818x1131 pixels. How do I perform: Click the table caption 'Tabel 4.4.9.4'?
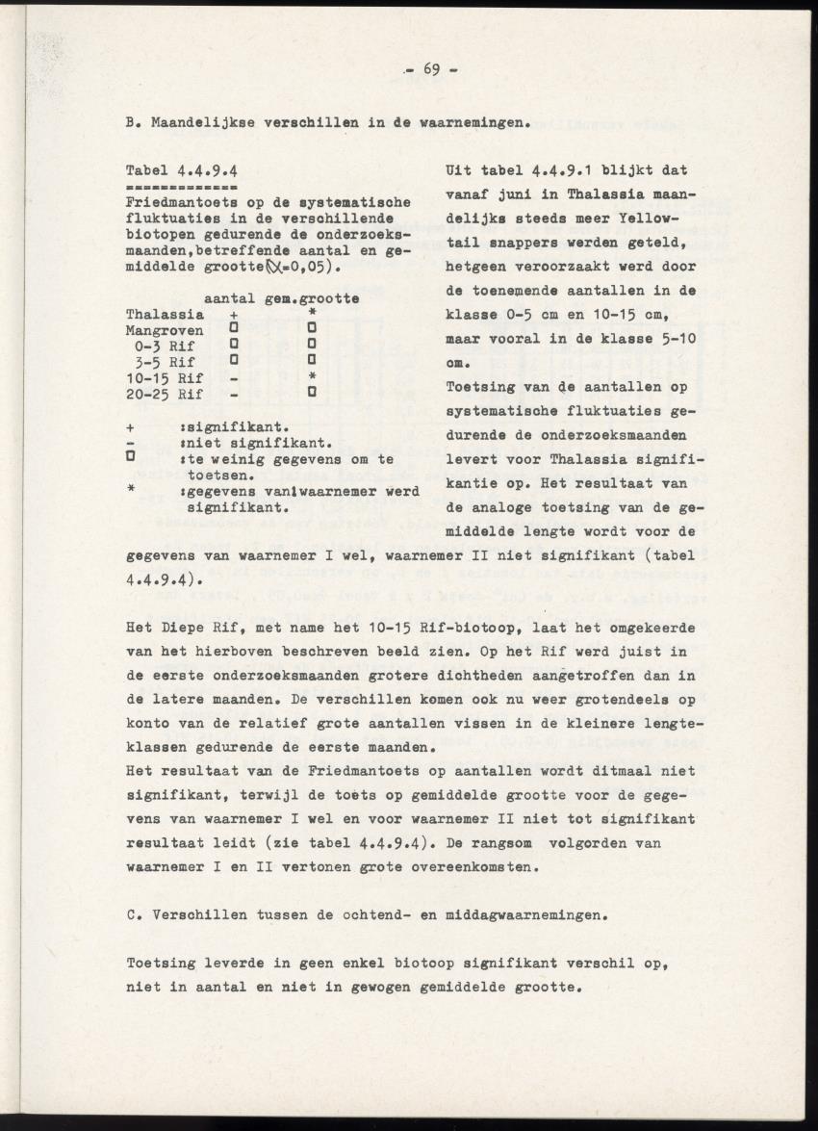pyautogui.click(x=182, y=170)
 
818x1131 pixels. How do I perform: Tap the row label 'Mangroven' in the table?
pyautogui.click(x=165, y=330)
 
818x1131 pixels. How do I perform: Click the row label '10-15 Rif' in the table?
pyautogui.click(x=165, y=377)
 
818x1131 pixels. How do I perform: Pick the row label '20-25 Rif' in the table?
pyautogui.click(x=165, y=394)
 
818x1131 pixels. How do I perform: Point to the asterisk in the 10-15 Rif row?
pyautogui.click(x=312, y=378)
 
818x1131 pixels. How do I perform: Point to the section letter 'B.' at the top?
pyautogui.click(x=135, y=123)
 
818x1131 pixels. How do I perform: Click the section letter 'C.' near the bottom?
pyautogui.click(x=135, y=917)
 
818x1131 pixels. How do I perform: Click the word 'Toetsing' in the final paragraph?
pyautogui.click(x=161, y=964)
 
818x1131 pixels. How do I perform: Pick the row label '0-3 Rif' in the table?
pyautogui.click(x=167, y=346)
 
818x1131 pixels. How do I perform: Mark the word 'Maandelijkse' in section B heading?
pyautogui.click(x=201, y=123)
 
